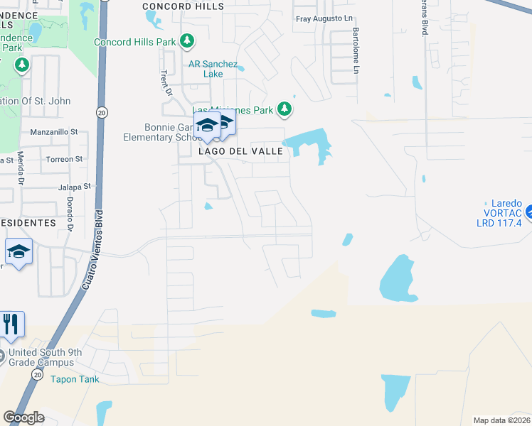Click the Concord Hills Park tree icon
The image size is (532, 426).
tap(187, 42)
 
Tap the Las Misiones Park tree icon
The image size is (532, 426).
tap(284, 109)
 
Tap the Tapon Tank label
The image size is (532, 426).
tap(75, 379)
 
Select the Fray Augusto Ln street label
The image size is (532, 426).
tap(324, 19)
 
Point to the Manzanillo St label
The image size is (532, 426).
tap(53, 132)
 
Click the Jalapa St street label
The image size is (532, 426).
tap(75, 187)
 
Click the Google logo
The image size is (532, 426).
tap(23, 417)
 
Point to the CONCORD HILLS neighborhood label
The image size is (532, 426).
tap(183, 6)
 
